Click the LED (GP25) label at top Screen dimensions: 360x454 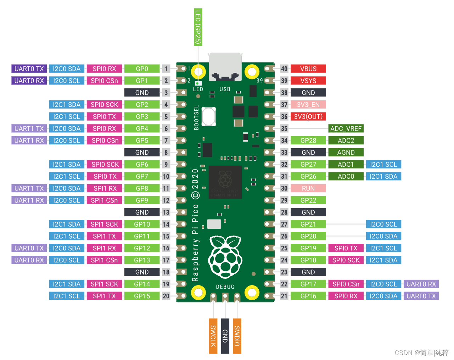click(x=198, y=27)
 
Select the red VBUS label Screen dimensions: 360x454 click(x=308, y=69)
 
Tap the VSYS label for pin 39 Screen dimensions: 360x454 click(x=308, y=81)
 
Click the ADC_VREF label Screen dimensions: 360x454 click(x=346, y=128)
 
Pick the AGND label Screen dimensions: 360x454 click(x=346, y=153)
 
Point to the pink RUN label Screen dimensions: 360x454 click(x=308, y=188)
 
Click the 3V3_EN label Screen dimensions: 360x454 click(x=308, y=105)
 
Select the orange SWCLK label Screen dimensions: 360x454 click(x=213, y=336)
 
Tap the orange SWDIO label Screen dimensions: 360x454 click(x=237, y=336)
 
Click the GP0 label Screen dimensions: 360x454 click(x=142, y=69)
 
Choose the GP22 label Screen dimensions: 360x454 click(x=308, y=200)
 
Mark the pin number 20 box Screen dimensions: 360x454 click(x=166, y=296)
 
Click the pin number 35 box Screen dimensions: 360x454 click(x=284, y=128)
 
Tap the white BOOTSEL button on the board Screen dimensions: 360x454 click(x=209, y=116)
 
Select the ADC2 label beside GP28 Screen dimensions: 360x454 click(x=346, y=140)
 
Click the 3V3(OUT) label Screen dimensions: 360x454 click(x=308, y=117)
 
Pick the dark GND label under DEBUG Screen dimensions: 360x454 click(x=225, y=336)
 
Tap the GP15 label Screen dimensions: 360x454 click(x=142, y=296)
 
